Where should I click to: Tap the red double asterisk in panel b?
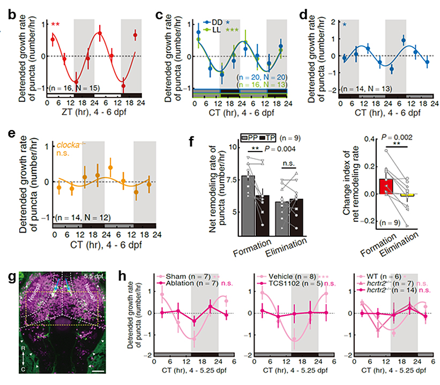pyautogui.click(x=55, y=25)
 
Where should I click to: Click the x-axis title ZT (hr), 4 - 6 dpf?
pyautogui.click(x=73, y=114)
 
